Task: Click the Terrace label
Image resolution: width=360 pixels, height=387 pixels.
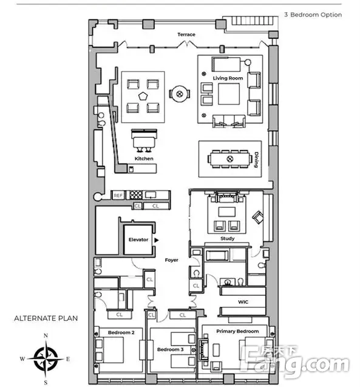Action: tap(186, 35)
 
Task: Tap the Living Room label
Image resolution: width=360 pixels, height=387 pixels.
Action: tap(228, 78)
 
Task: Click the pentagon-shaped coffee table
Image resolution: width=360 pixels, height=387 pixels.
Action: tap(143, 96)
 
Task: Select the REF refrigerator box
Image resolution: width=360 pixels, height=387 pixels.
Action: tap(118, 196)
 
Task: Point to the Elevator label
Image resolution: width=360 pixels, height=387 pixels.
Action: tap(138, 239)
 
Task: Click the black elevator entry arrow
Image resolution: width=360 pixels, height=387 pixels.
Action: tap(157, 240)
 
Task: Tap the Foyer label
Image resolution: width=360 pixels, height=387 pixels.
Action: tap(172, 260)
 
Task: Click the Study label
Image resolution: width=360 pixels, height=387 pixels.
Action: tap(227, 238)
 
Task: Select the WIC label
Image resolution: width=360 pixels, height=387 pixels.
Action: tap(243, 302)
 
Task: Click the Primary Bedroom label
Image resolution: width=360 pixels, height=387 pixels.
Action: tap(237, 331)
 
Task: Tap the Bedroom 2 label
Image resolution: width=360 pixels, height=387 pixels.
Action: tap(121, 332)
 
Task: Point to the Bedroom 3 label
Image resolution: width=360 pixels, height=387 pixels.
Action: tap(170, 349)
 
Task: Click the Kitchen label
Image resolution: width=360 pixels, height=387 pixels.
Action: tap(144, 159)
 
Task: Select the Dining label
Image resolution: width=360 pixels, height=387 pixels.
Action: tap(256, 160)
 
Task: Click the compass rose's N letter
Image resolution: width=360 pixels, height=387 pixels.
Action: tap(46, 335)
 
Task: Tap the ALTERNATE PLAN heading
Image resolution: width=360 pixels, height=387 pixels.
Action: tap(46, 318)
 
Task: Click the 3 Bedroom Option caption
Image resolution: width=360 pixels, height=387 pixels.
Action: tap(313, 15)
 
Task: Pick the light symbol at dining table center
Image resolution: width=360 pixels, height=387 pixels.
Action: tap(230, 159)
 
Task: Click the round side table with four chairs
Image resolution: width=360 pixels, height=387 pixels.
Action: tap(180, 94)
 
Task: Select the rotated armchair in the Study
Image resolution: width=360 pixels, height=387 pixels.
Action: tap(257, 217)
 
